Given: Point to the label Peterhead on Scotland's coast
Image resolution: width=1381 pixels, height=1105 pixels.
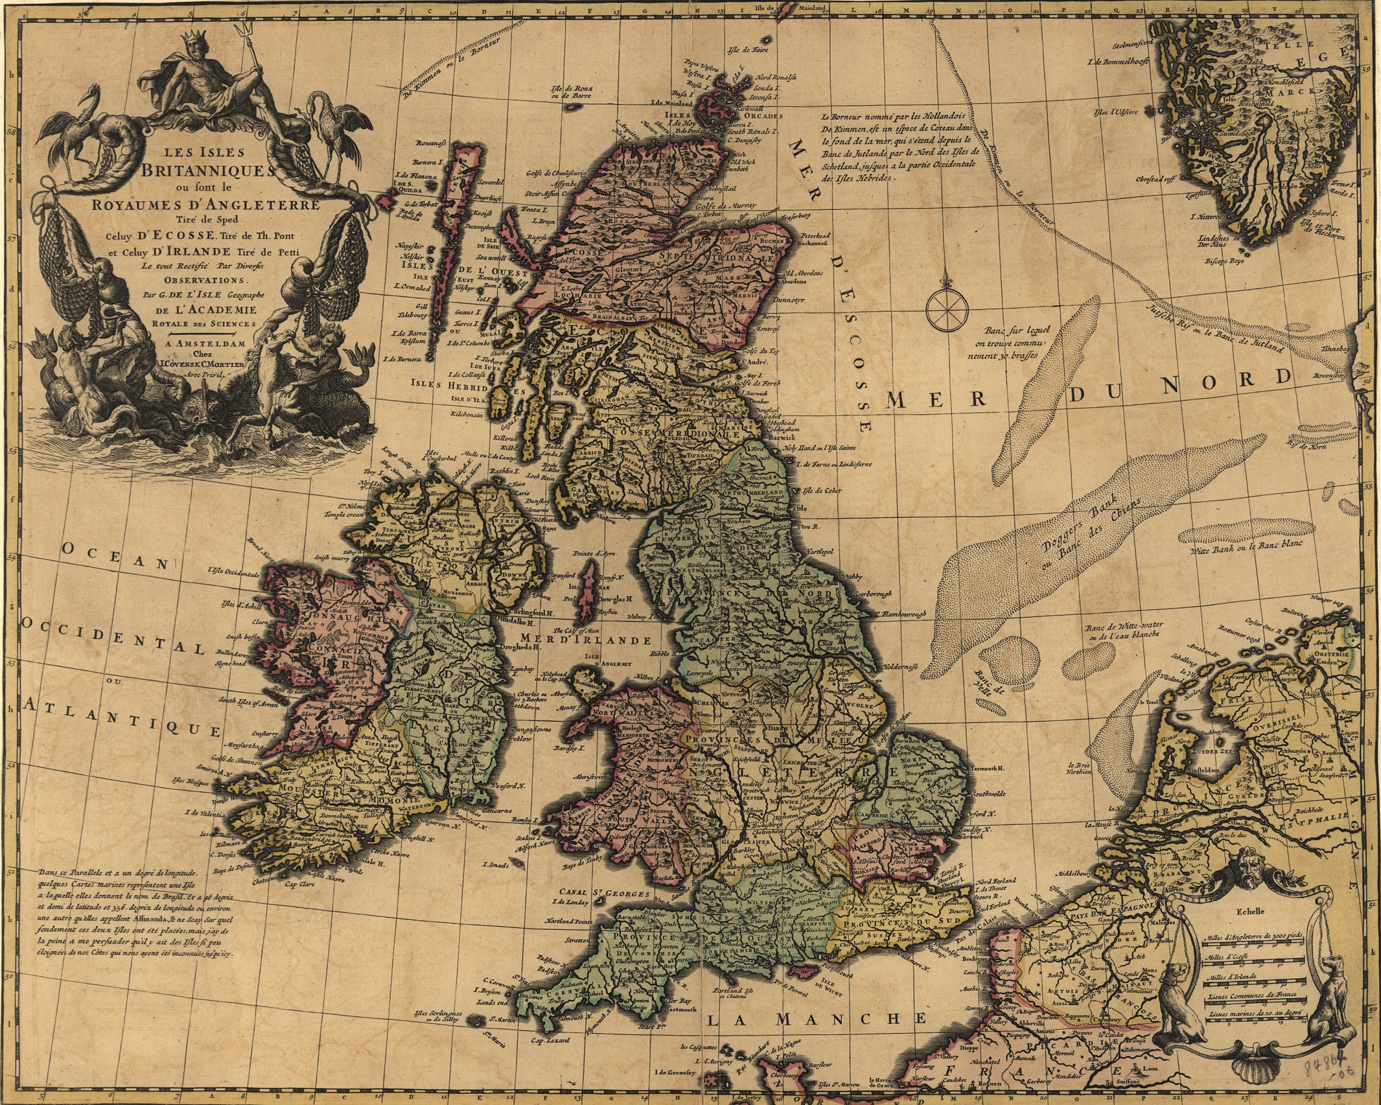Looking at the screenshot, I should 814,236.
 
